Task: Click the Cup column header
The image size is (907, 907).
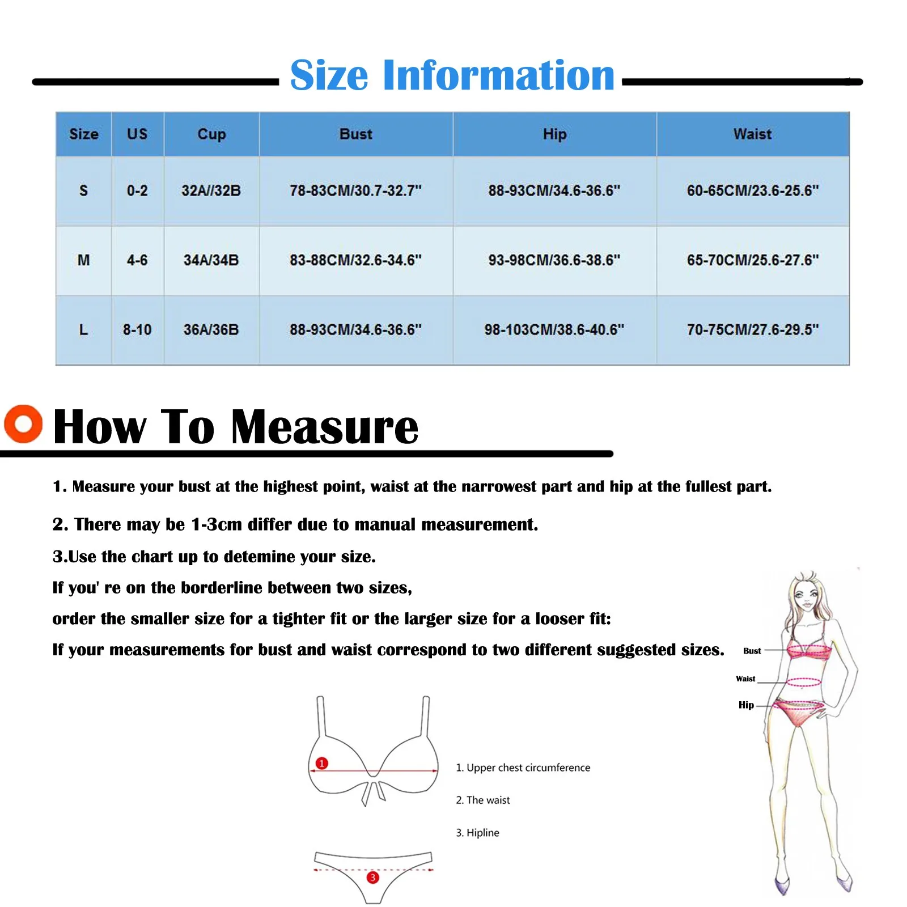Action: click(x=211, y=134)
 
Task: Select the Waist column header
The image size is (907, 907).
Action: click(x=752, y=134)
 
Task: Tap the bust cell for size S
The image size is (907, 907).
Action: click(x=355, y=190)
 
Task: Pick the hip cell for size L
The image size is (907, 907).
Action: click(x=554, y=329)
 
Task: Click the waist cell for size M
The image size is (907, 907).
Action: click(x=752, y=260)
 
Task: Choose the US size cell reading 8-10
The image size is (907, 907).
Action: click(x=137, y=329)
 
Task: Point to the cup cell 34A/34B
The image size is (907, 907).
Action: click(x=211, y=260)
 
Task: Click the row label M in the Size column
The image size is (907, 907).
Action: click(x=83, y=260)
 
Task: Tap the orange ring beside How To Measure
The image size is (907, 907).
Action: click(x=23, y=423)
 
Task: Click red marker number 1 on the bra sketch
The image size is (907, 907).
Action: click(x=321, y=763)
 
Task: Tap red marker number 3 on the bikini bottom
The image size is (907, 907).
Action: click(x=372, y=878)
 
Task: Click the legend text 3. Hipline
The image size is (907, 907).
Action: click(x=477, y=833)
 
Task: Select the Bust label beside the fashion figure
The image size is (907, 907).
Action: click(x=752, y=651)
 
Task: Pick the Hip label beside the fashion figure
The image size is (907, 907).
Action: click(x=746, y=705)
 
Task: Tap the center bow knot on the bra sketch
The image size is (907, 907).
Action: click(x=373, y=785)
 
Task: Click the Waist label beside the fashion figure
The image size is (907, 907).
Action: click(x=745, y=679)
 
